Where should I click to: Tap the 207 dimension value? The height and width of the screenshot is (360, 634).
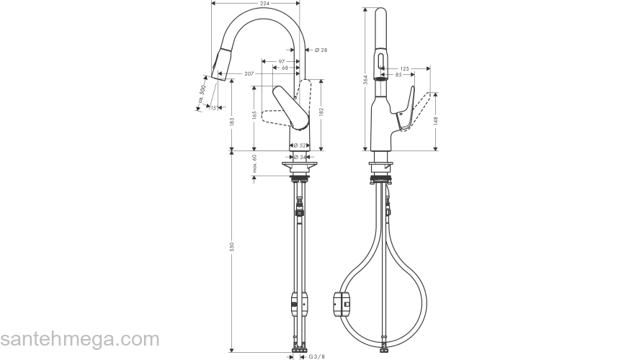(x=249, y=74)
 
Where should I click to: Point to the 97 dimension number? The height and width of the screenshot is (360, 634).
(x=282, y=62)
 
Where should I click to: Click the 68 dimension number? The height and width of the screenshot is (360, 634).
(x=285, y=68)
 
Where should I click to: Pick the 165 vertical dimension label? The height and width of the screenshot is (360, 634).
(x=254, y=114)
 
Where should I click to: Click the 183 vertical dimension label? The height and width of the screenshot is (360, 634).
(x=232, y=122)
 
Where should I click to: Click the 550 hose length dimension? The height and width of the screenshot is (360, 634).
(x=232, y=247)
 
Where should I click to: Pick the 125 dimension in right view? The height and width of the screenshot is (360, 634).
(x=404, y=68)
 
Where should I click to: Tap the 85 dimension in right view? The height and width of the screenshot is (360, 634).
(x=398, y=74)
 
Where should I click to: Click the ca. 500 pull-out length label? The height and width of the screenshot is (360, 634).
(x=202, y=92)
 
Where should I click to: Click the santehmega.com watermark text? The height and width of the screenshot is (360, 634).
(x=79, y=338)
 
